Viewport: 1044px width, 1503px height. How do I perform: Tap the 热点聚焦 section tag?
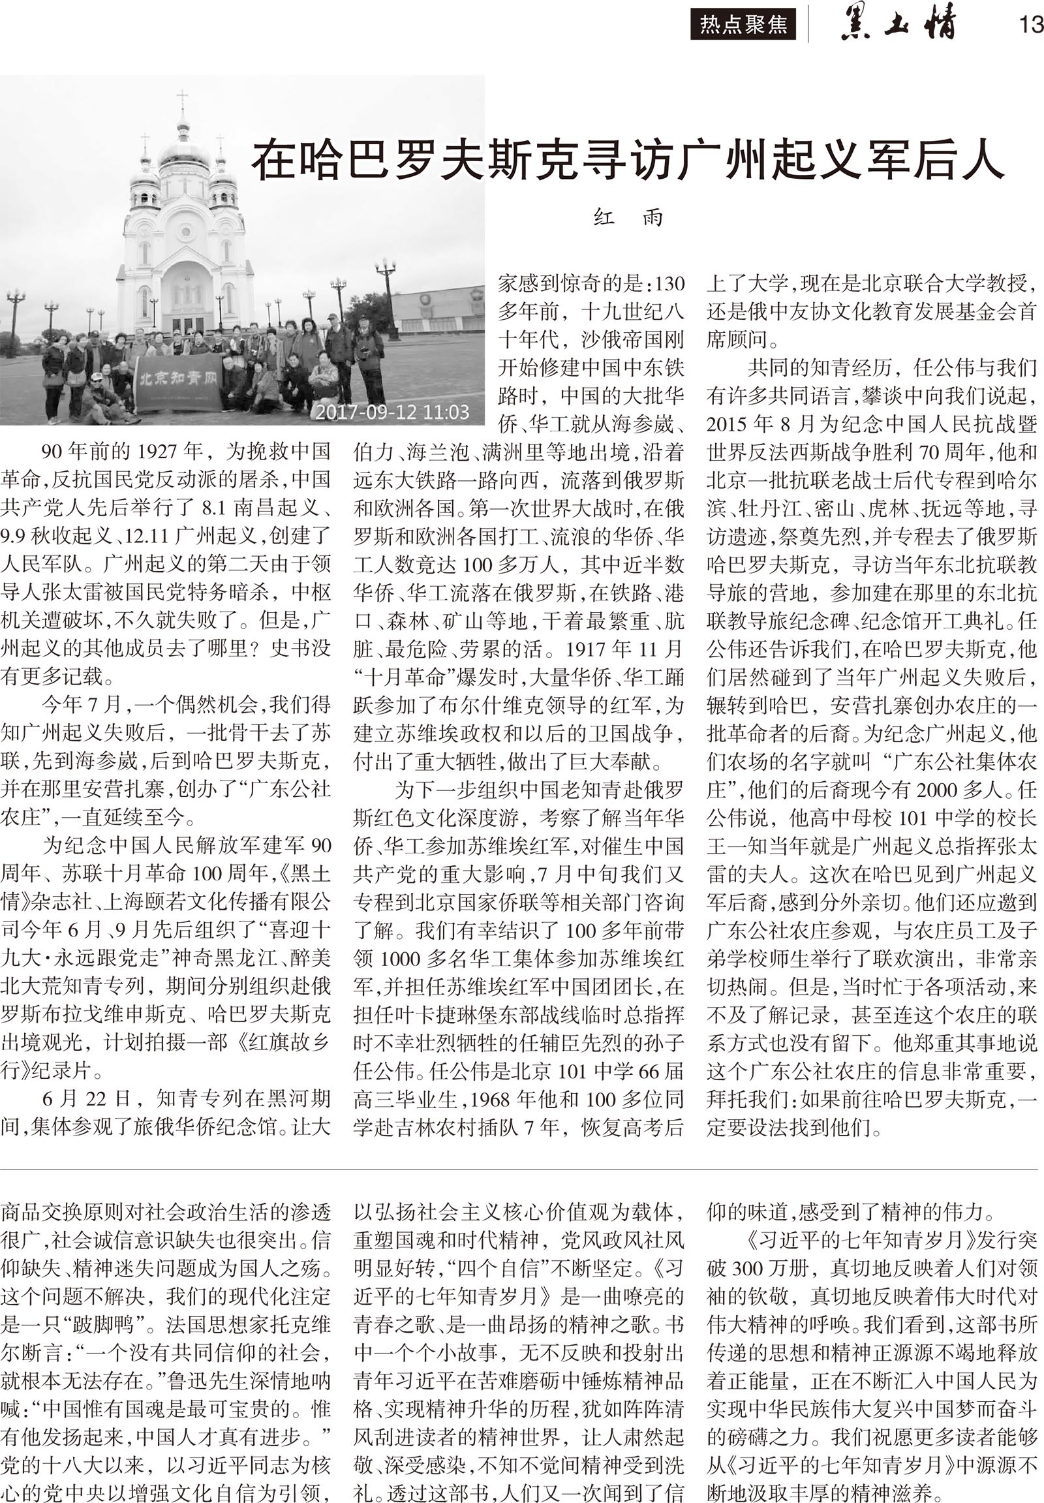(743, 25)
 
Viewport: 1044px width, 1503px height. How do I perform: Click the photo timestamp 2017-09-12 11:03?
(392, 412)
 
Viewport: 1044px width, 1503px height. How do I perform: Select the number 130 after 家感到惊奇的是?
(668, 284)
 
